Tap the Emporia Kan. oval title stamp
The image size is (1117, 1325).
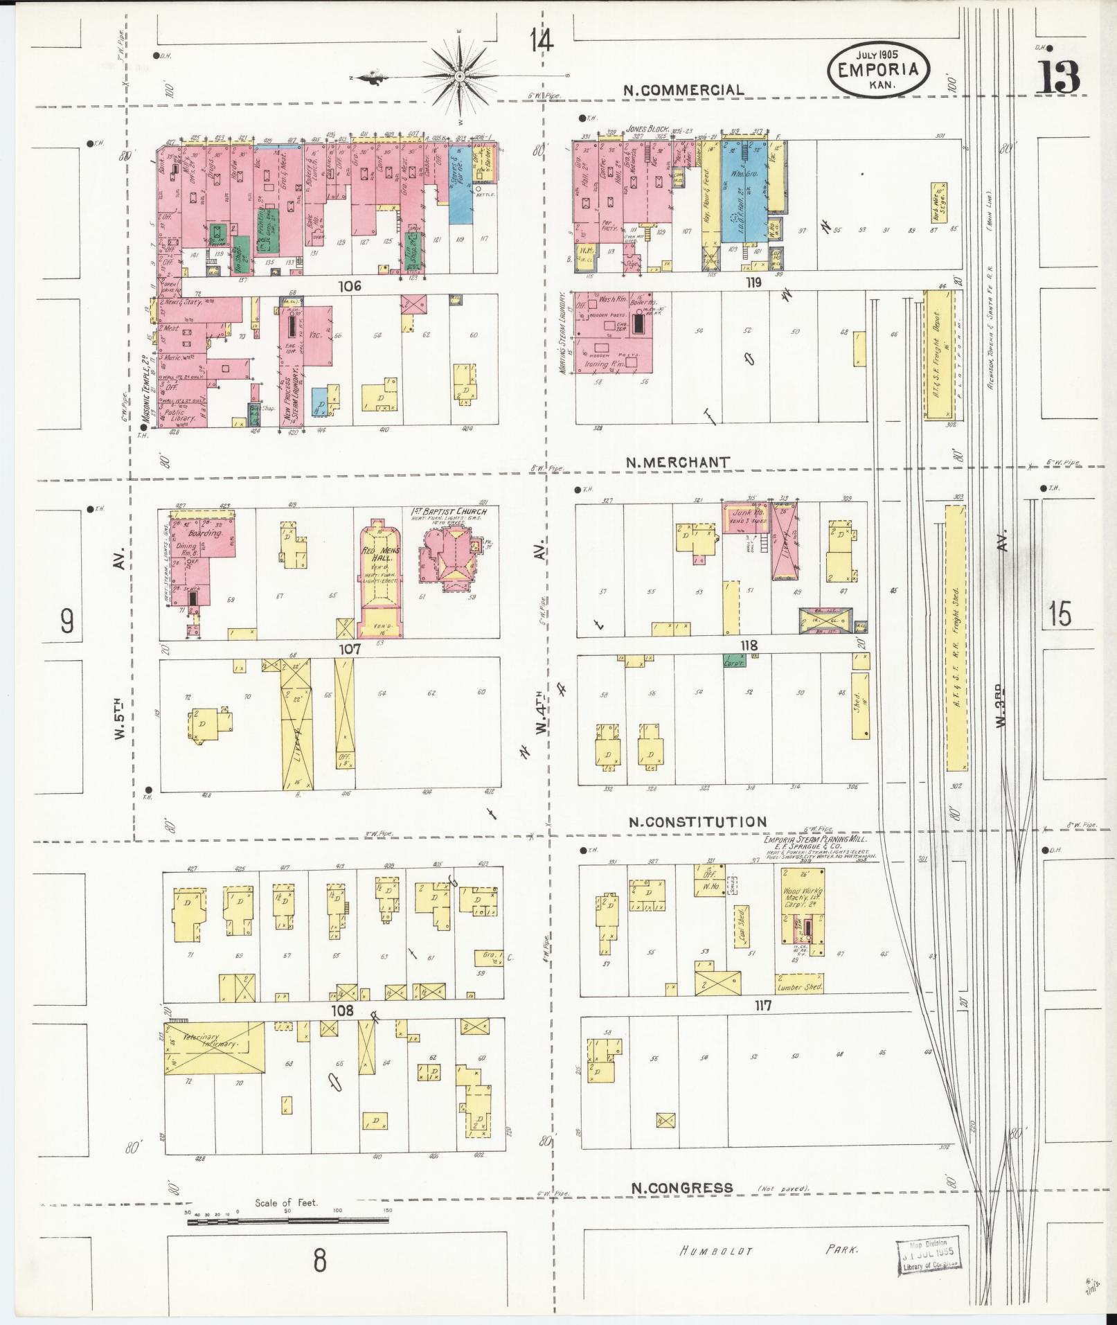tap(877, 69)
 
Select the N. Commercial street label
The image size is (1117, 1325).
tap(683, 90)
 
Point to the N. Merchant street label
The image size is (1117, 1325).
tap(677, 462)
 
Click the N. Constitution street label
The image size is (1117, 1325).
tap(697, 822)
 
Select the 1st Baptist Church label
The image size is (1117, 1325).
tap(446, 512)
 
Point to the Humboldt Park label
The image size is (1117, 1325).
tap(769, 1251)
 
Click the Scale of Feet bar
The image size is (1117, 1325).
tap(287, 1222)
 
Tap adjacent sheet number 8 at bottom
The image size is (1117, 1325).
tap(319, 1261)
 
